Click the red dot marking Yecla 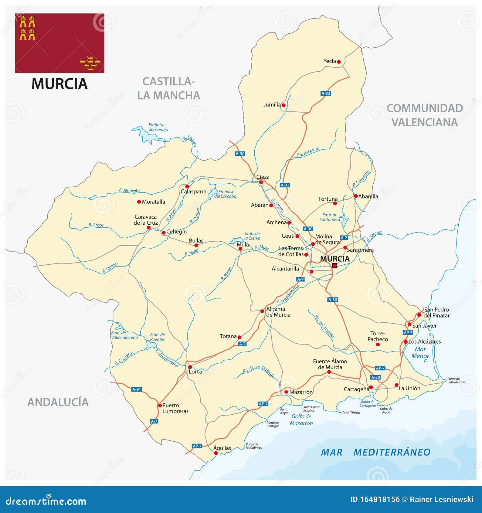click(339, 62)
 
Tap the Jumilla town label click(272, 105)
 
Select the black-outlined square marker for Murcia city click(334, 266)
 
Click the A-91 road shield click(137, 389)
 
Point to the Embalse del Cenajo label click(158, 127)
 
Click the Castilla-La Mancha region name click(168, 88)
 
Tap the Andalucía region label click(58, 402)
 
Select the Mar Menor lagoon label click(420, 353)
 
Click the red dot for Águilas click(216, 453)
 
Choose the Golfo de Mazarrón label click(301, 420)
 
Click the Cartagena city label click(356, 389)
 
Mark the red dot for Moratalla click(139, 202)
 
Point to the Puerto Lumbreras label click(175, 408)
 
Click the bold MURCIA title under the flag click(59, 84)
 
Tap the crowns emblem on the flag click(90, 63)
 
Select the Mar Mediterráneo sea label click(375, 452)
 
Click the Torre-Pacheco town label click(378, 336)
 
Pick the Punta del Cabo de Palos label click(457, 380)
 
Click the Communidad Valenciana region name click(424, 115)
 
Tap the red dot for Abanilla click(356, 196)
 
